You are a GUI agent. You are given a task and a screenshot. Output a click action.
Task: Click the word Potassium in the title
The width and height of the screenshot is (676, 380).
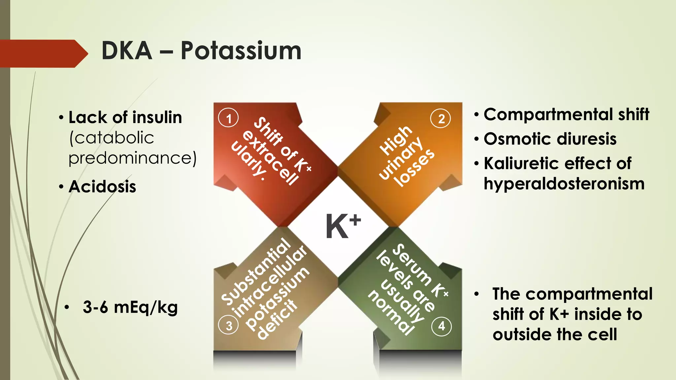pyautogui.click(x=241, y=51)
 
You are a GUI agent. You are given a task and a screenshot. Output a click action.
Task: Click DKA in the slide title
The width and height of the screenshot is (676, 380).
pyautogui.click(x=127, y=51)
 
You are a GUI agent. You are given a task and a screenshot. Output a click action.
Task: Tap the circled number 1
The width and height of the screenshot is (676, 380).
pyautogui.click(x=228, y=118)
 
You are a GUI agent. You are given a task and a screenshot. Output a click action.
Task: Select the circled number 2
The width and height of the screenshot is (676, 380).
pyautogui.click(x=441, y=118)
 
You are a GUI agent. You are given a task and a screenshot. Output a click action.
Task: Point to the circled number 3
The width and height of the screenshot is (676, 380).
pyautogui.click(x=228, y=326)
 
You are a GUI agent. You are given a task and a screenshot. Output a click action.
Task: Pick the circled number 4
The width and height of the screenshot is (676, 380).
pyautogui.click(x=441, y=326)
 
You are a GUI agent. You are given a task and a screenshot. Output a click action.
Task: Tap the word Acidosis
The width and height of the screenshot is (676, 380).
pyautogui.click(x=102, y=187)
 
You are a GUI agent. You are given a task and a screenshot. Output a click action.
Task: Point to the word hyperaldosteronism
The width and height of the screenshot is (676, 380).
pyautogui.click(x=564, y=184)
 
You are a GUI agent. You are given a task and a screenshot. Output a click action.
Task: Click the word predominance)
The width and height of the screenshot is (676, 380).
pyautogui.click(x=132, y=158)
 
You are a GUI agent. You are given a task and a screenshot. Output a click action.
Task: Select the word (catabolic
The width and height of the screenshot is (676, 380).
pyautogui.click(x=112, y=138)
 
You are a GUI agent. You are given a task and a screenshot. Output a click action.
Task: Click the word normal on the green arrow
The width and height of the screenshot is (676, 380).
pyautogui.click(x=391, y=312)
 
